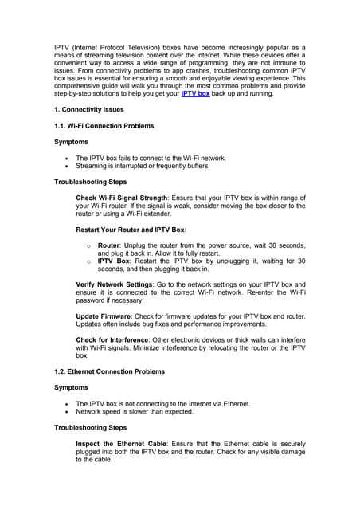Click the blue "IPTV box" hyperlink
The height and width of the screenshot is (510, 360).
tap(195, 93)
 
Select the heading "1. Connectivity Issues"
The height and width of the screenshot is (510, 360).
tap(88, 109)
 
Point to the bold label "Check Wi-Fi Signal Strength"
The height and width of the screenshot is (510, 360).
tap(122, 197)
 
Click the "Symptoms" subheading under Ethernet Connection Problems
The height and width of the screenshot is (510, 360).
tap(71, 387)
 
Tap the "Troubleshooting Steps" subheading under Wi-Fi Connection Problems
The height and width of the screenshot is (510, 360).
tap(90, 182)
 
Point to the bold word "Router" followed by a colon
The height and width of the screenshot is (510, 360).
tap(108, 245)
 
